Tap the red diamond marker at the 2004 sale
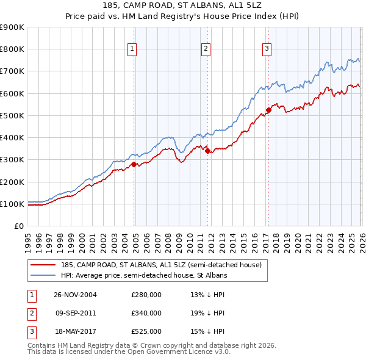coord(134,164)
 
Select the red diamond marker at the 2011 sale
coord(207,151)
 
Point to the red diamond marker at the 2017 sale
coord(268,110)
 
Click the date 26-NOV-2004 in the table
coord(75,295)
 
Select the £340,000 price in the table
coord(146,313)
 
